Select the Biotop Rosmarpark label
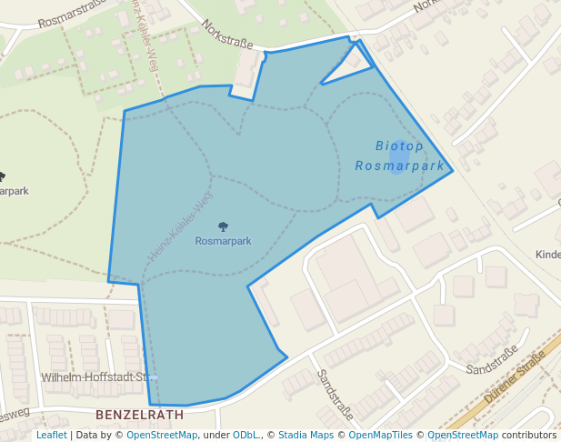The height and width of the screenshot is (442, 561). click(400, 156)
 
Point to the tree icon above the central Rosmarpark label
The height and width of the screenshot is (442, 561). click(224, 226)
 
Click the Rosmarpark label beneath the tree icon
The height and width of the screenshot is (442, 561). click(224, 241)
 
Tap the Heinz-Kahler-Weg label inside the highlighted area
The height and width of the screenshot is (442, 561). click(180, 226)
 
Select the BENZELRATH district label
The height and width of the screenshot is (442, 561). click(139, 414)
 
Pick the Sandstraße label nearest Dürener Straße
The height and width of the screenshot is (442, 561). click(490, 362)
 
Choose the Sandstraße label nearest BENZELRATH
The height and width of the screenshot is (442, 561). click(334, 388)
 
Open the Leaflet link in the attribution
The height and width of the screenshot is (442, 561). click(51, 435)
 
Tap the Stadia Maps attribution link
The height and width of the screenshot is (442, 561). click(306, 435)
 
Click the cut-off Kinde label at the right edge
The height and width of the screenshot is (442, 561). click(548, 255)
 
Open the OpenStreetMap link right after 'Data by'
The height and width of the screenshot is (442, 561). click(162, 435)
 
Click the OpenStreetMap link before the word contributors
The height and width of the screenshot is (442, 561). click(463, 435)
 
